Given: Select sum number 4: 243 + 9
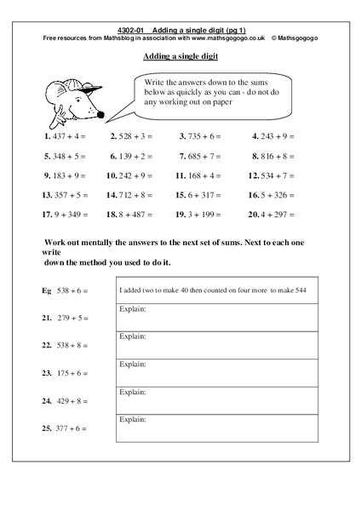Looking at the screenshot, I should point(277,135).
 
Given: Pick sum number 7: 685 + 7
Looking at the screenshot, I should point(202,156).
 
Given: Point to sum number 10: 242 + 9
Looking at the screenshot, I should point(129,176).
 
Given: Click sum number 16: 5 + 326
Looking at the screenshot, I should point(273,194).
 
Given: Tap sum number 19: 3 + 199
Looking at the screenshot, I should point(202,215).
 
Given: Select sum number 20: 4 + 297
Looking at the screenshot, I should point(273,215).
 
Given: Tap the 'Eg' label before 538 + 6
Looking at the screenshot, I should point(47,290).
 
